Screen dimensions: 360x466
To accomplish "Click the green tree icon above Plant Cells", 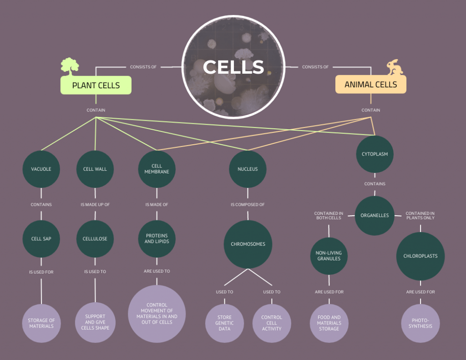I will click(70, 66).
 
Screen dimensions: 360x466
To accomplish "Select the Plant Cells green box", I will click(96, 85).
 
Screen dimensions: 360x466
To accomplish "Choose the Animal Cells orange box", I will click(370, 85).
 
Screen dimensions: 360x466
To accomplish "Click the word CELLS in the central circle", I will click(233, 67).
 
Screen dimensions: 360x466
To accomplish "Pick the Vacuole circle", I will click(41, 169).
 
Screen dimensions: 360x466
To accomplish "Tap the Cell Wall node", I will click(95, 169).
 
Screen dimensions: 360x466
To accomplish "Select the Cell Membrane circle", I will click(157, 169).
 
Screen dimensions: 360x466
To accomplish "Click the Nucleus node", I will click(248, 169).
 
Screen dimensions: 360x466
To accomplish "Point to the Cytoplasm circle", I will click(375, 154).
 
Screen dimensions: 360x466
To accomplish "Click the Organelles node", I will click(375, 215).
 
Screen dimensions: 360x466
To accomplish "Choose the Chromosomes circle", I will click(248, 244).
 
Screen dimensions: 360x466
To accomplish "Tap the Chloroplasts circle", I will click(420, 256).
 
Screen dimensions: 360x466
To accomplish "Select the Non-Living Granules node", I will click(329, 256).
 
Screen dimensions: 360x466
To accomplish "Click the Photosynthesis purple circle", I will click(420, 323).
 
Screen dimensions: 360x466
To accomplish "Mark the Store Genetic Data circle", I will click(224, 323).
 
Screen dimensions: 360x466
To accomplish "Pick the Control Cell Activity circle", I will click(272, 323).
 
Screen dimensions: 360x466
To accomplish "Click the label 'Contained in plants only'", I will click(420, 215).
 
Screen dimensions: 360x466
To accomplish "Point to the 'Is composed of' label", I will click(248, 205).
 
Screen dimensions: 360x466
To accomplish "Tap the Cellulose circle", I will click(95, 238).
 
